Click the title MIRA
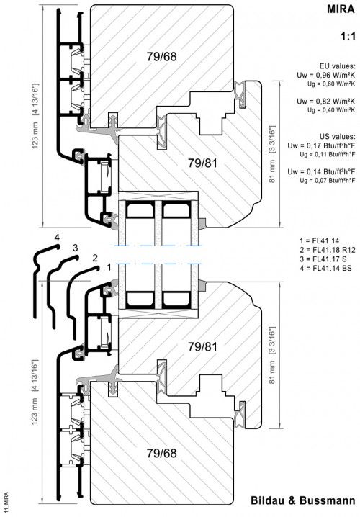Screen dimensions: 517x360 [342, 11]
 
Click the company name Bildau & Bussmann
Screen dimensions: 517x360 [303, 501]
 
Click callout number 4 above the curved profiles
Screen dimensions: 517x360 [55, 237]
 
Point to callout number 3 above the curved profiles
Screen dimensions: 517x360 [75, 247]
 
